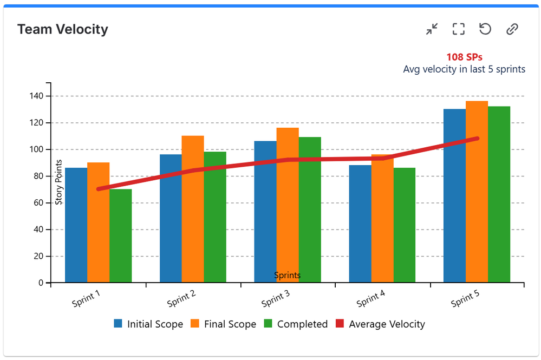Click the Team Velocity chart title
coord(63,29)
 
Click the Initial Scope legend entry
coord(148,324)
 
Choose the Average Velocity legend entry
coord(380,324)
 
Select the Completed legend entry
coord(296,324)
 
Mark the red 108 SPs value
coord(464,57)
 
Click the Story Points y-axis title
coord(59,182)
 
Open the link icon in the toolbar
coord(512,29)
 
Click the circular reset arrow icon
coord(485,29)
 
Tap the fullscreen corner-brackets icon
coord(459,29)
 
